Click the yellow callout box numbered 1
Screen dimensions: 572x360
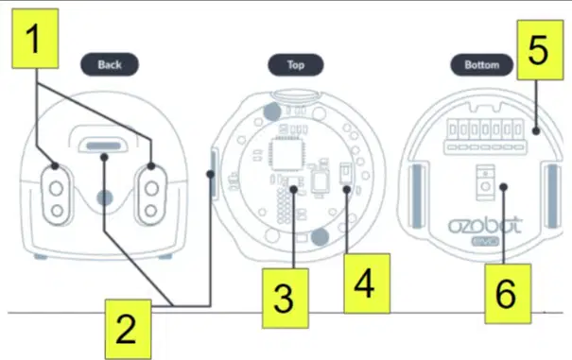(x=35, y=39)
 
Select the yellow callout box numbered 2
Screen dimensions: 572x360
(x=128, y=329)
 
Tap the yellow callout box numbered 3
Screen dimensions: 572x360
(x=286, y=299)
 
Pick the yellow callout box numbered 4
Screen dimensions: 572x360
(x=367, y=283)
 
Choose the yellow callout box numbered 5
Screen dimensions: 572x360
(x=540, y=50)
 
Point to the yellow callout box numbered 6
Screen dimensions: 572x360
(x=508, y=294)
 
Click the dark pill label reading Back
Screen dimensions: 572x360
(x=110, y=64)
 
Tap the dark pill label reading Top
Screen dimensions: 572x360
(x=296, y=65)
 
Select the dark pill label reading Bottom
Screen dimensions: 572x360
(x=481, y=65)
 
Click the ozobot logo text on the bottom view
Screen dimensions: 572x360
(x=485, y=226)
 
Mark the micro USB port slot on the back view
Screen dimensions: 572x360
(x=104, y=146)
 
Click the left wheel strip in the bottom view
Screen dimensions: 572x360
(x=417, y=196)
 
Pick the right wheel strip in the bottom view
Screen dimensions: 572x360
(x=553, y=196)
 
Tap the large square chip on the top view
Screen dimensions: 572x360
(x=286, y=155)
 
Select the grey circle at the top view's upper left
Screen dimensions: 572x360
(x=272, y=111)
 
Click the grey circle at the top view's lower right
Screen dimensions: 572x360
(x=320, y=237)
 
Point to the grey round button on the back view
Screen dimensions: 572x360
(x=105, y=198)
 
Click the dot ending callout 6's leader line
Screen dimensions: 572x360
(x=503, y=187)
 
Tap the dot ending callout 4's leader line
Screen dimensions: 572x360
(x=347, y=189)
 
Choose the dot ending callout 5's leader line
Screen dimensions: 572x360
(x=535, y=130)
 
